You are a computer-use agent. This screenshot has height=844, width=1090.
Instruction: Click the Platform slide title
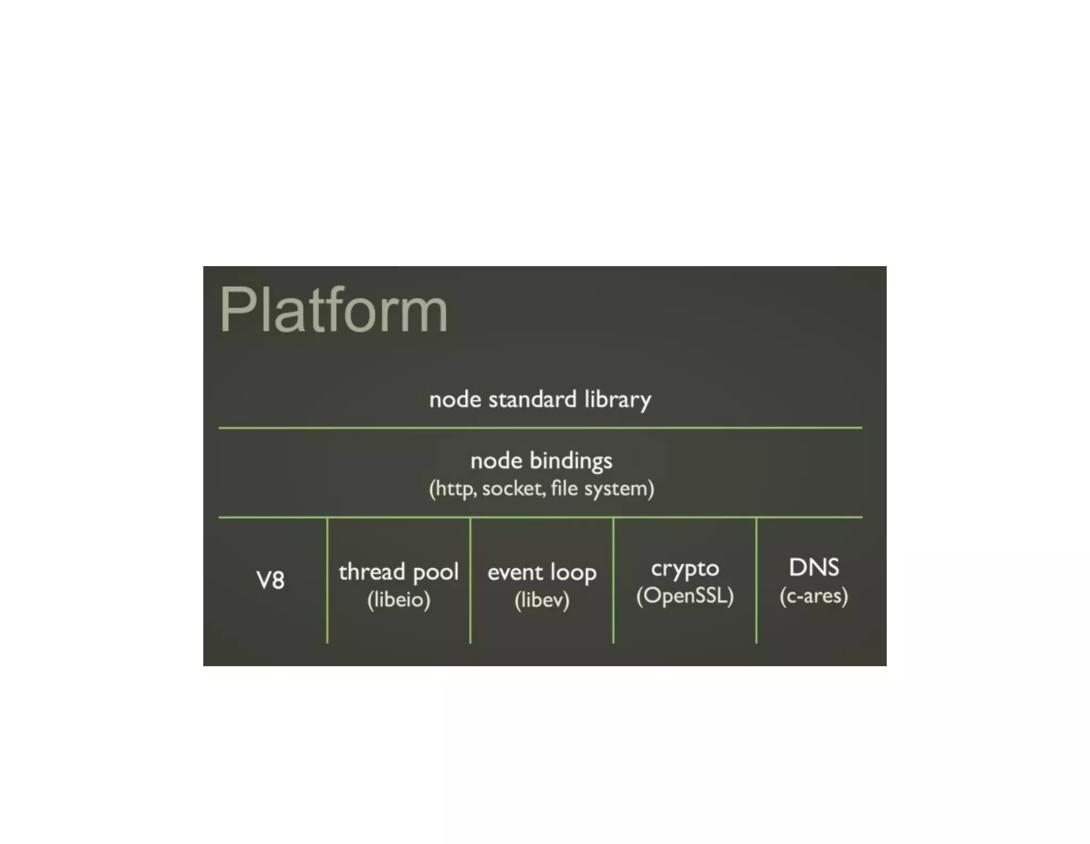(333, 310)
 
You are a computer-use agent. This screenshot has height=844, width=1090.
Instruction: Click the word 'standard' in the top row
(532, 400)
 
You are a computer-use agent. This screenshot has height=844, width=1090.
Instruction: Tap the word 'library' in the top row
(617, 400)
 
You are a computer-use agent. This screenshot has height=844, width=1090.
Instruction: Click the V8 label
(270, 580)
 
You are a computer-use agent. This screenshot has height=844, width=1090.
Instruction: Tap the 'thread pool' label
(398, 572)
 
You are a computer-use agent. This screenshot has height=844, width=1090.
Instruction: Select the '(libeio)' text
(399, 600)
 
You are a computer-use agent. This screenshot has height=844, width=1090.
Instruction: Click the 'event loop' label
(542, 573)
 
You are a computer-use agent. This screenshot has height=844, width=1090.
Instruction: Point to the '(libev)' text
(542, 600)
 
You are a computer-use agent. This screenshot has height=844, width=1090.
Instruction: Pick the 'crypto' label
(685, 569)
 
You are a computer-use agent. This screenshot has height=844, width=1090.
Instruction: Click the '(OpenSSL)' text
(685, 596)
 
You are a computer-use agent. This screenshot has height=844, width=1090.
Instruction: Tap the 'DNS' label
(814, 567)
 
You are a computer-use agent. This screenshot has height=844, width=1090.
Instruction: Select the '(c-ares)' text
(814, 596)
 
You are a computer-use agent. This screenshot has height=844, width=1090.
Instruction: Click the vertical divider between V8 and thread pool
(327, 580)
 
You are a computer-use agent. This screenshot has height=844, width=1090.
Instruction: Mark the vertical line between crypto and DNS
(756, 580)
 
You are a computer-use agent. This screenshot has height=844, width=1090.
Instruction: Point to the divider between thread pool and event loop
(470, 580)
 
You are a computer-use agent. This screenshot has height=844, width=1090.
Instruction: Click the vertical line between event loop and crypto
(613, 580)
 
